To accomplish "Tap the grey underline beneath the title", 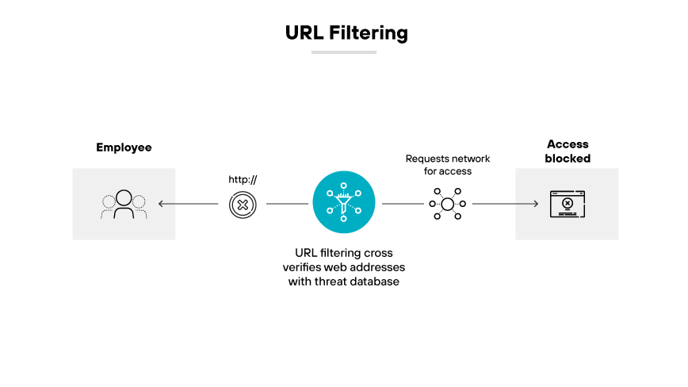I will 343,52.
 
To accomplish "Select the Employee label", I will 124,148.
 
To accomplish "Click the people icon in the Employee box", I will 124,205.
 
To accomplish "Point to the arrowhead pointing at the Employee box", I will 161,205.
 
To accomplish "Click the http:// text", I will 243,179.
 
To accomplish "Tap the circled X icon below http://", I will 243,205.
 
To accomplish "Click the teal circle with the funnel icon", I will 343,204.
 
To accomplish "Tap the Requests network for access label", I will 448,165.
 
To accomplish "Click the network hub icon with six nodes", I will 448,205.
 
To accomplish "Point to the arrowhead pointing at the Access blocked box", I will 535,205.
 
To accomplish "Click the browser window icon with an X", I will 568,204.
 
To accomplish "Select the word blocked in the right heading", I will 568,159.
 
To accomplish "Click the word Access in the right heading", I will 568,144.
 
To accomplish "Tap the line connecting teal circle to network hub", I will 403,205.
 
